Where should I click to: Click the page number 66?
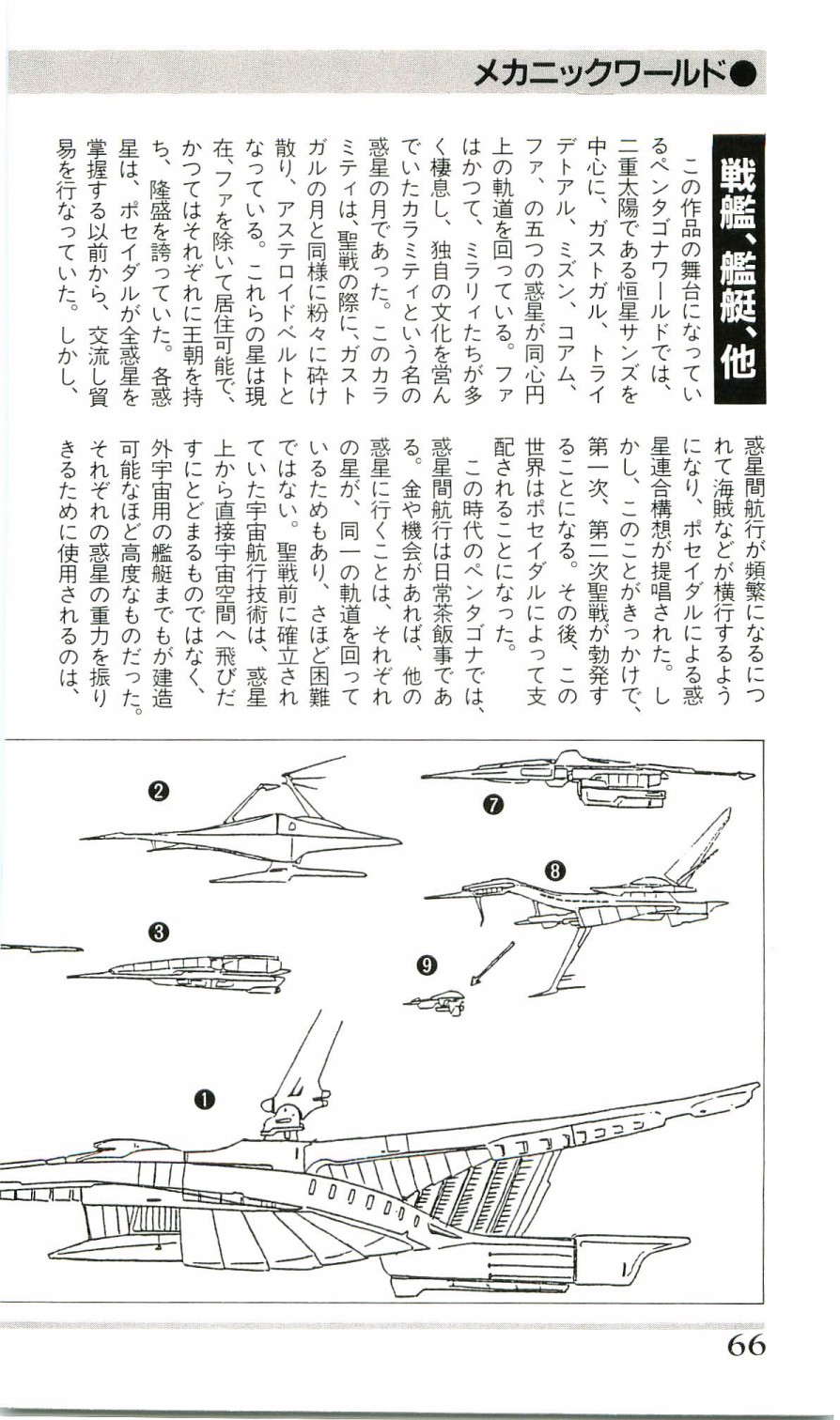pos(745,1345)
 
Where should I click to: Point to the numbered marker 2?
pos(159,791)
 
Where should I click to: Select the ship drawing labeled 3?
pos(188,968)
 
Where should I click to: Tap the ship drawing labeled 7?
pos(583,778)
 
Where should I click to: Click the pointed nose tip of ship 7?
pos(750,776)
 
